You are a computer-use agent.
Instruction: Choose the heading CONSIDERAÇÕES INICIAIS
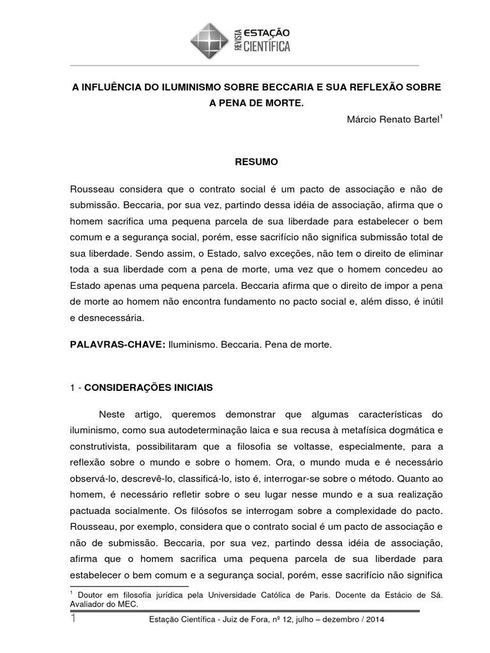[x=149, y=387]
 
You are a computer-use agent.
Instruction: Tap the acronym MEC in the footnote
[x=126, y=605]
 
